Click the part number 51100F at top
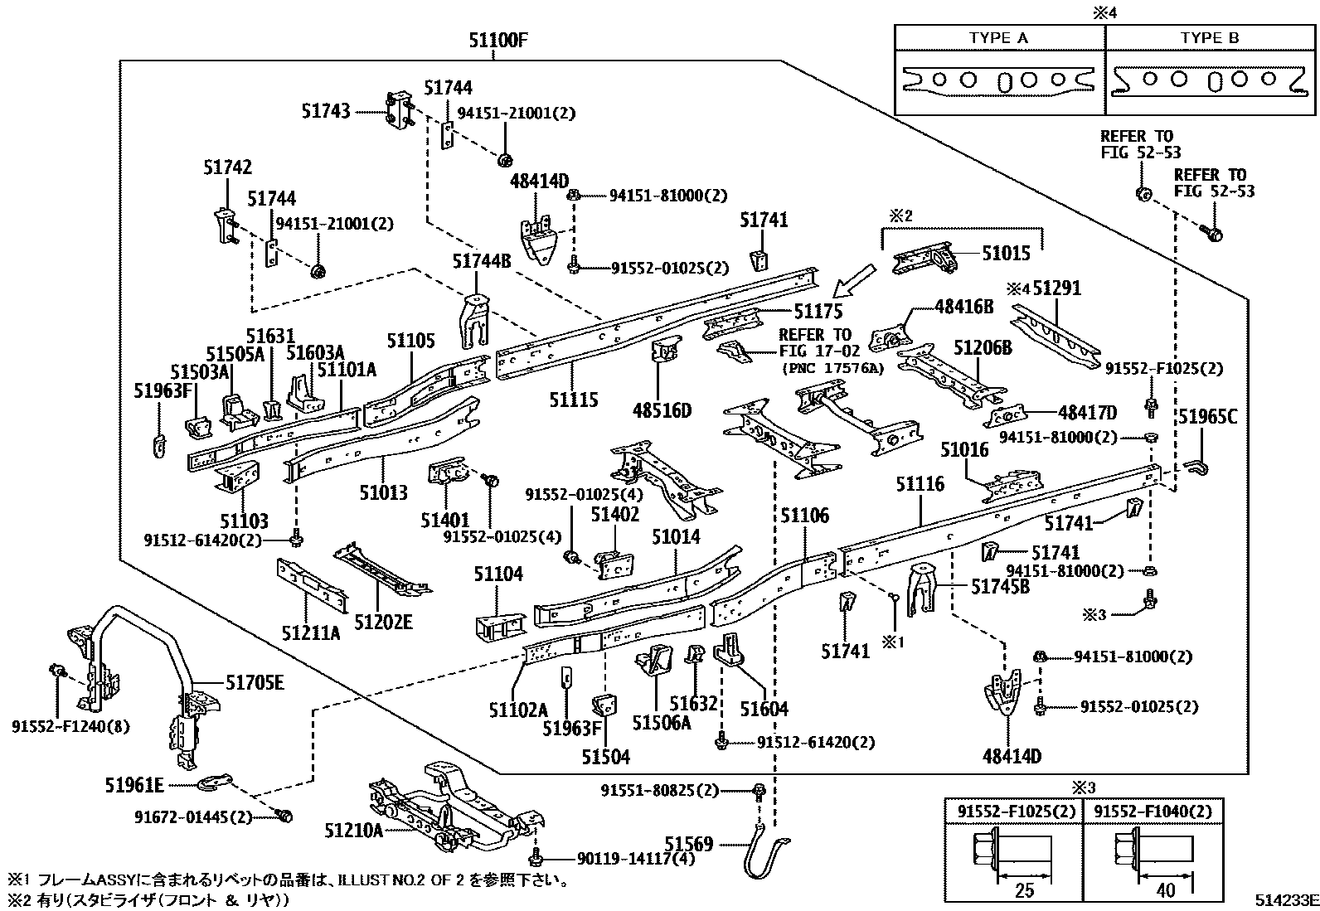495,41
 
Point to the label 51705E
255,682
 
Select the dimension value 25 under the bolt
1025,890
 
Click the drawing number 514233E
1285,900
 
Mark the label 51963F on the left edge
163,389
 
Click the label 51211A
310,633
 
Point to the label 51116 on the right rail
920,483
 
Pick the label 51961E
134,783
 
